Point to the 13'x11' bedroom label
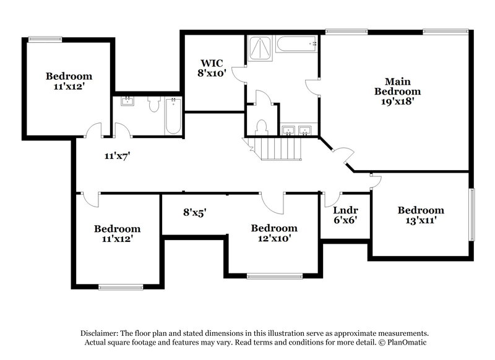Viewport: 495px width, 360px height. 420,215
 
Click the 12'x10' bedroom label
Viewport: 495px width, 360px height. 273,233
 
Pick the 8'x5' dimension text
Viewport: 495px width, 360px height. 194,212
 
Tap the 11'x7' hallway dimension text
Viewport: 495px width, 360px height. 116,156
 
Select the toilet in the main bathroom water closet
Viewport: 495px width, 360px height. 261,126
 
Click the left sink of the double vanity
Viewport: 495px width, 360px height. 288,130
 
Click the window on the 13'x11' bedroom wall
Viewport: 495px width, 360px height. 471,213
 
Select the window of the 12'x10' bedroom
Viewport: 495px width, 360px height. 273,276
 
